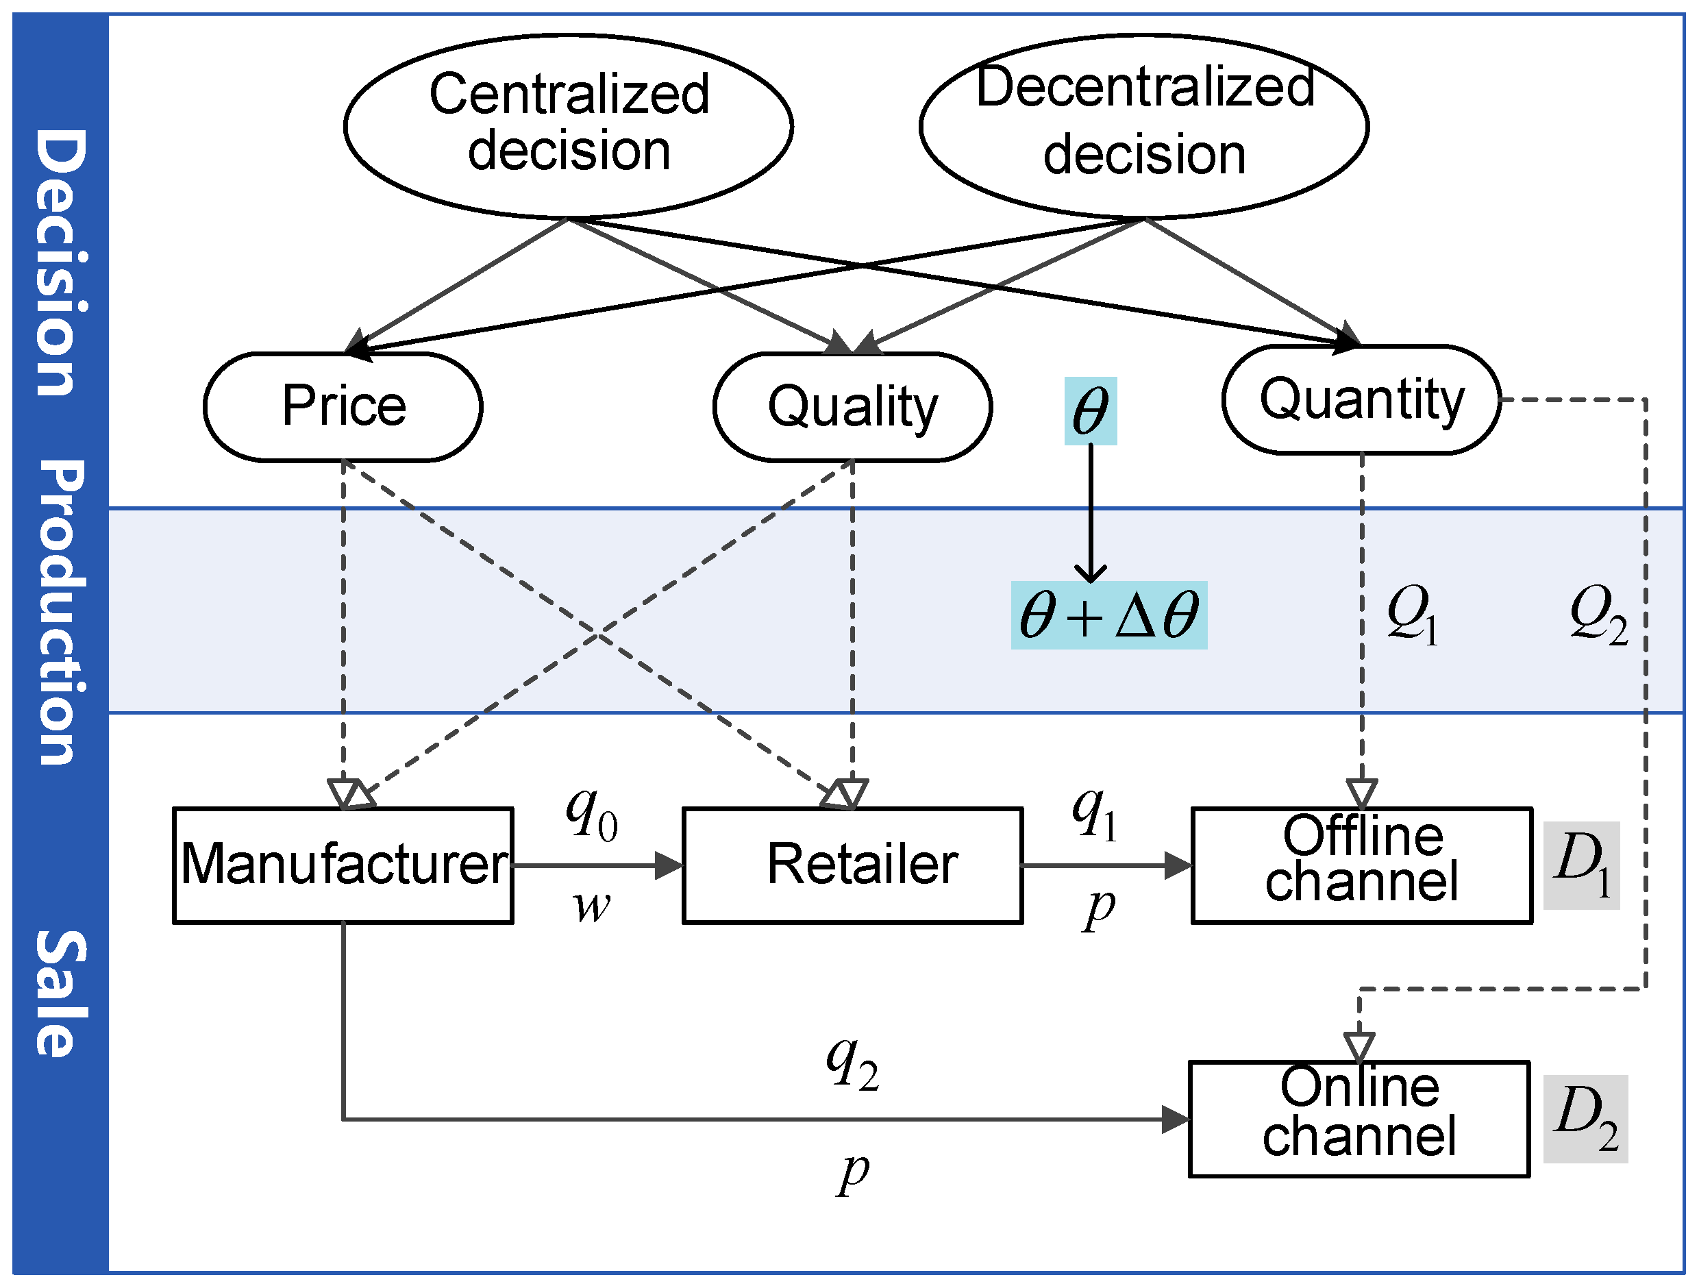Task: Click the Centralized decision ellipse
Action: [x=569, y=125]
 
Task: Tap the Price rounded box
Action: [x=343, y=406]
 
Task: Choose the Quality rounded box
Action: [x=852, y=406]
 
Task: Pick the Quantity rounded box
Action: [x=1361, y=399]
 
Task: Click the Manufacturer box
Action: [x=343, y=865]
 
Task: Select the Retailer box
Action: [x=852, y=865]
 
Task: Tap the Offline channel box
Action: [x=1361, y=865]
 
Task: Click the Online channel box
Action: [x=1359, y=1119]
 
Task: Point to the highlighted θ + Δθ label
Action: [x=1108, y=615]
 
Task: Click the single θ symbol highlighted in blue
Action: [x=1090, y=411]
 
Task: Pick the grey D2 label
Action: [x=1585, y=1119]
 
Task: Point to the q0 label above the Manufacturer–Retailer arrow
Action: [x=591, y=815]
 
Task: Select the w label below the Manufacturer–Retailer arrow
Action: [x=591, y=907]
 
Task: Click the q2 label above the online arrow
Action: [x=852, y=1063]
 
